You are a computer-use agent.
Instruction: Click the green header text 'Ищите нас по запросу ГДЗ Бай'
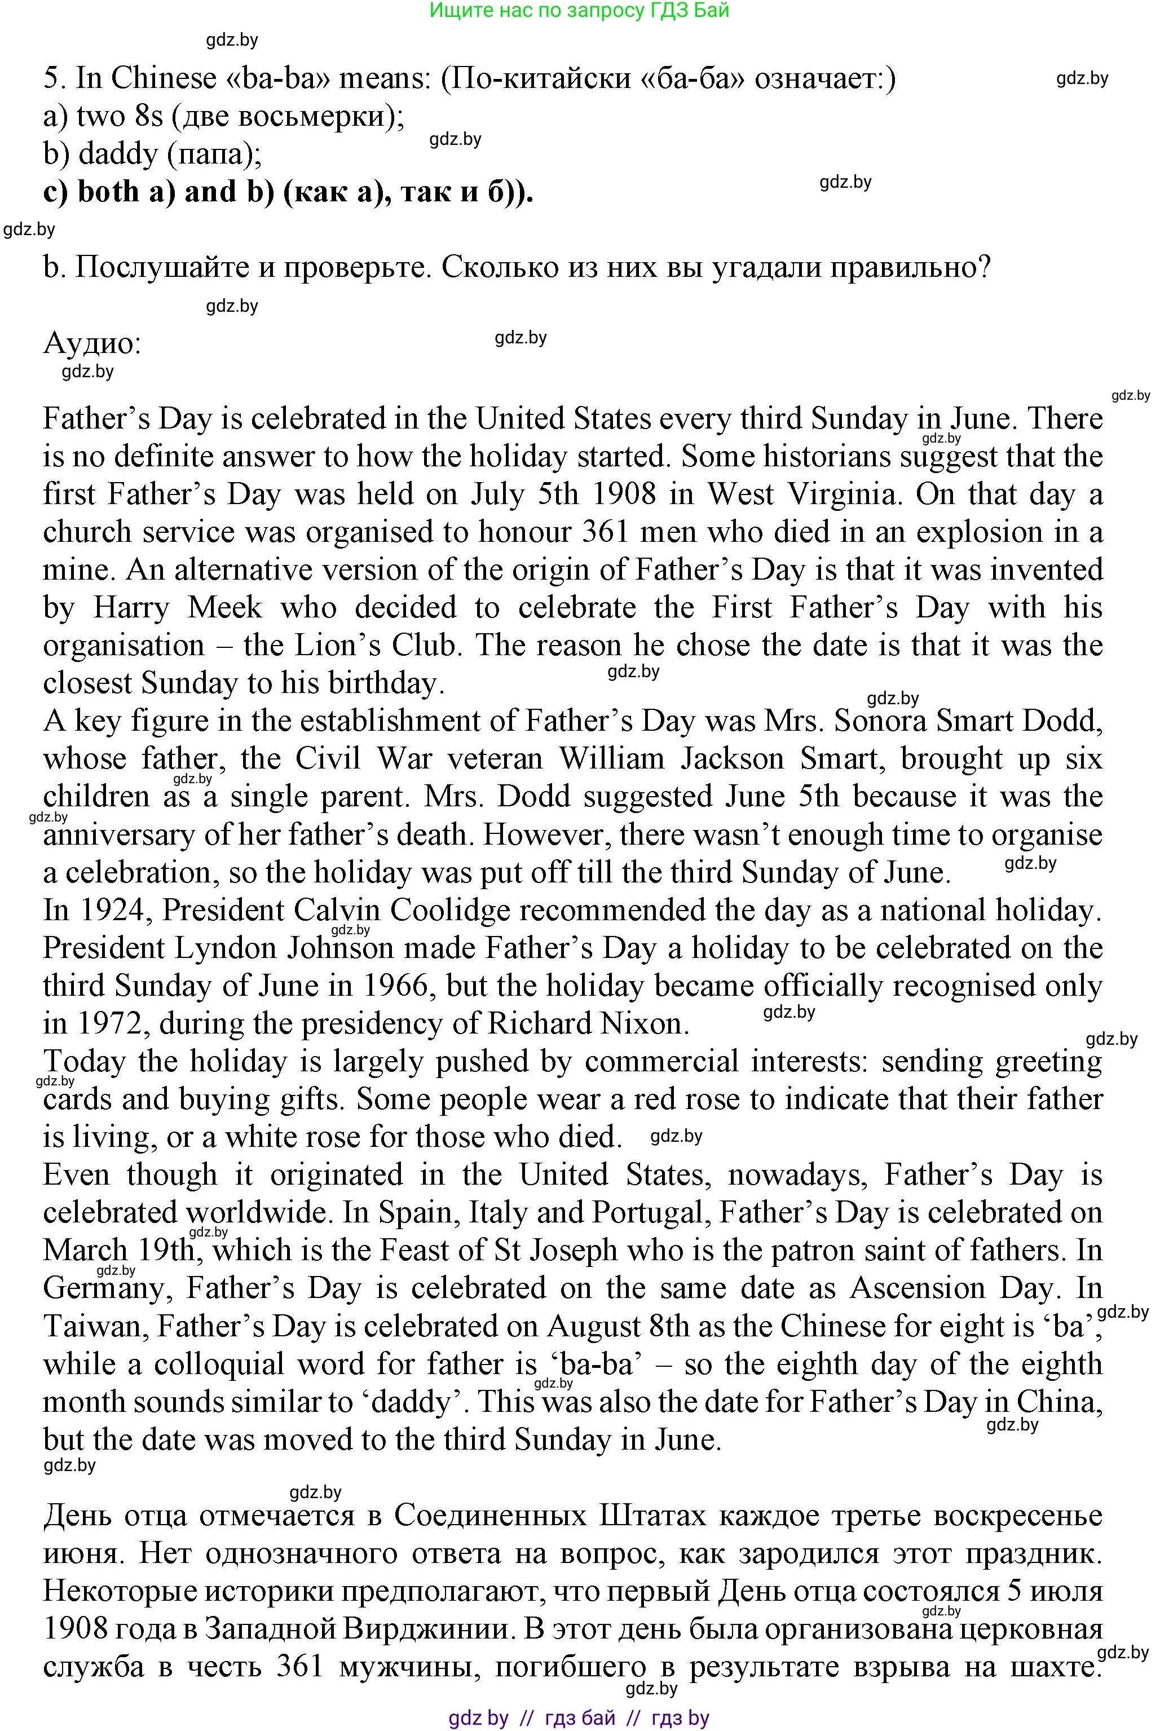[579, 10]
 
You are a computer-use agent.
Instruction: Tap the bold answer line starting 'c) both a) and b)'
[289, 192]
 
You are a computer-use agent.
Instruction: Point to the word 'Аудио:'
[92, 343]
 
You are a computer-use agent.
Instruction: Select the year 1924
[119, 911]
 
